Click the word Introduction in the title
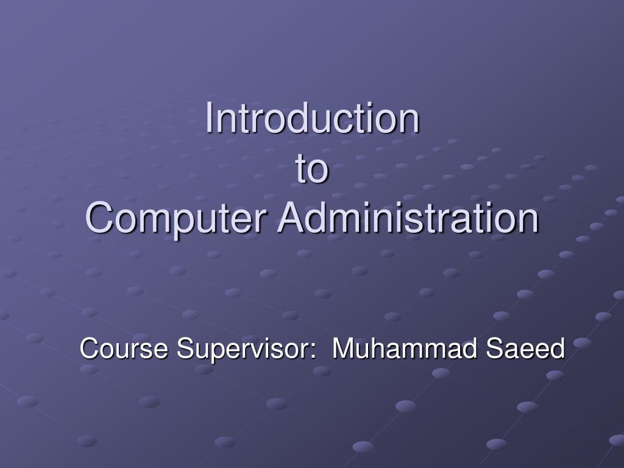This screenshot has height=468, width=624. point(312,118)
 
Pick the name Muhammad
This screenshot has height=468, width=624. point(405,350)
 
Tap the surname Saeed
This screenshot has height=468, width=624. point(526,350)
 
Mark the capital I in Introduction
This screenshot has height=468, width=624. point(208,118)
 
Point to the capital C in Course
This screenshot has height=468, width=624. point(89,350)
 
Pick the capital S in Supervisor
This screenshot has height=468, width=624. point(184,350)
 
